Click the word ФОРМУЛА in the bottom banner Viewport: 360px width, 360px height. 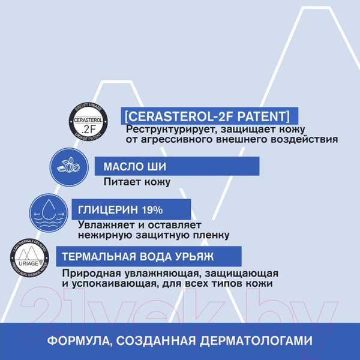click(x=77, y=341)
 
